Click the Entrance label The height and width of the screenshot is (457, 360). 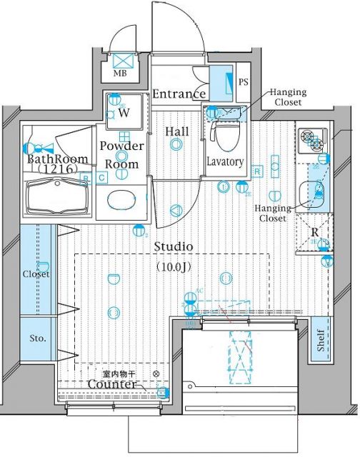tap(179, 94)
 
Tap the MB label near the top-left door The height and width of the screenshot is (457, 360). tap(119, 73)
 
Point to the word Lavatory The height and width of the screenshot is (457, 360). tap(226, 162)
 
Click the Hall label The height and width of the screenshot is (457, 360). tap(176, 131)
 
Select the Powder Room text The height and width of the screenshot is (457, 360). tap(121, 154)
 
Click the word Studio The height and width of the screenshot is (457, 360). tap(174, 246)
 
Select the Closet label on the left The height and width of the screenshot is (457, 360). tap(36, 274)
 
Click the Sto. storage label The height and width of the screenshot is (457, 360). tap(37, 337)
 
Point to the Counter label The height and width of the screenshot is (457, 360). tap(111, 385)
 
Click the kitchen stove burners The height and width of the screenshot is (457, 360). tap(309, 141)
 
